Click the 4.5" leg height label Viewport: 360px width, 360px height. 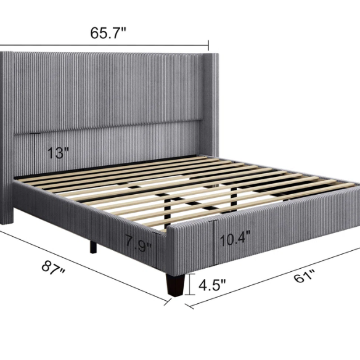(x=211, y=285)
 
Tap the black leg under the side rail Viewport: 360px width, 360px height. (x=93, y=245)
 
